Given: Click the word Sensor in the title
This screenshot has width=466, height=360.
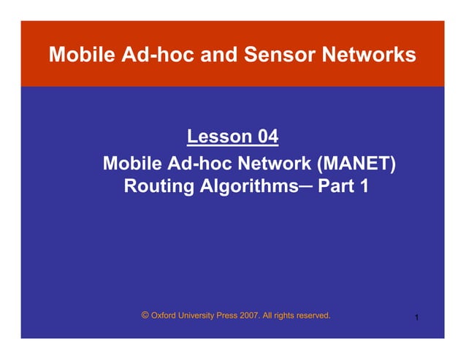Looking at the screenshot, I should [275, 55].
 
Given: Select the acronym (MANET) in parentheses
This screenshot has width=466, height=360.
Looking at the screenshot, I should [356, 162].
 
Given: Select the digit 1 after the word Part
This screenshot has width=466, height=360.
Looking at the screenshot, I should [363, 187].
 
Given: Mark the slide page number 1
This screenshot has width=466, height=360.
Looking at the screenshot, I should [416, 318].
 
